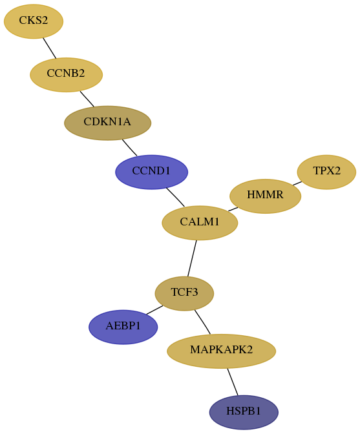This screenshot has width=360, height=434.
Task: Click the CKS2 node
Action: click(34, 21)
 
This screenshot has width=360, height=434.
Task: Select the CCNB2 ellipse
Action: click(66, 75)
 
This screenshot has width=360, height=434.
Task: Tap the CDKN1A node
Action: click(107, 123)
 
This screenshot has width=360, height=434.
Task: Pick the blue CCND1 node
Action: click(151, 172)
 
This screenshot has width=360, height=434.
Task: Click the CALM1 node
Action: click(200, 223)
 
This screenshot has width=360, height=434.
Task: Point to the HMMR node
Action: click(265, 196)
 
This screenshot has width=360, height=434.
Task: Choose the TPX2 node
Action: click(326, 172)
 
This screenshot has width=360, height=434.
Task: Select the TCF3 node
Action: click(184, 293)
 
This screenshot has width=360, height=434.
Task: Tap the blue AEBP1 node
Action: click(123, 327)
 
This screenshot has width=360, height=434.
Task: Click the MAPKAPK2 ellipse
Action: click(221, 351)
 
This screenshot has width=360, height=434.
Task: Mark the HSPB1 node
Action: click(244, 413)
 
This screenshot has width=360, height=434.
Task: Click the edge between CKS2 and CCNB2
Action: click(50, 48)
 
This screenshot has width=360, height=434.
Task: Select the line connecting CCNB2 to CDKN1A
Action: click(87, 99)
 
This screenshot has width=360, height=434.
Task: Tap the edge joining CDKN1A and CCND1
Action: click(129, 147)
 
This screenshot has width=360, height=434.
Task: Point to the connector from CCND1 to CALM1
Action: click(176, 197)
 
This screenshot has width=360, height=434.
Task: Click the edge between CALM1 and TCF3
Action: click(192, 258)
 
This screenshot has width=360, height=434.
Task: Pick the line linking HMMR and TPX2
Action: click(297, 183)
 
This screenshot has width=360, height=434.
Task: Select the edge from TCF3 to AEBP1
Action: click(154, 310)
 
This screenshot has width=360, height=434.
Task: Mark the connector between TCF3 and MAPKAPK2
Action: click(202, 322)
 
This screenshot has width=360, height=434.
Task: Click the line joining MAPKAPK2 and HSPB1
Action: click(233, 382)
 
